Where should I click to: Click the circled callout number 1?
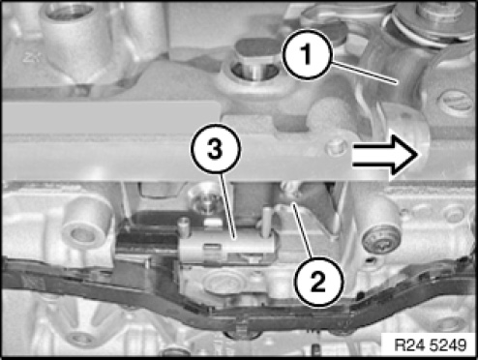[x=307, y=54]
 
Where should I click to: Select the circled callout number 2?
[x=319, y=282]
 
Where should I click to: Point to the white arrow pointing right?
[x=385, y=155]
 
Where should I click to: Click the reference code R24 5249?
[x=431, y=345]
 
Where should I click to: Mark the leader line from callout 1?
[x=364, y=74]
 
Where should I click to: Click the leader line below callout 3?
[x=229, y=206]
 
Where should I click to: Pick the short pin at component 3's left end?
[x=184, y=226]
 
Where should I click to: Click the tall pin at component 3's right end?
[x=267, y=220]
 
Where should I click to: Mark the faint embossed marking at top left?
[x=31, y=57]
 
